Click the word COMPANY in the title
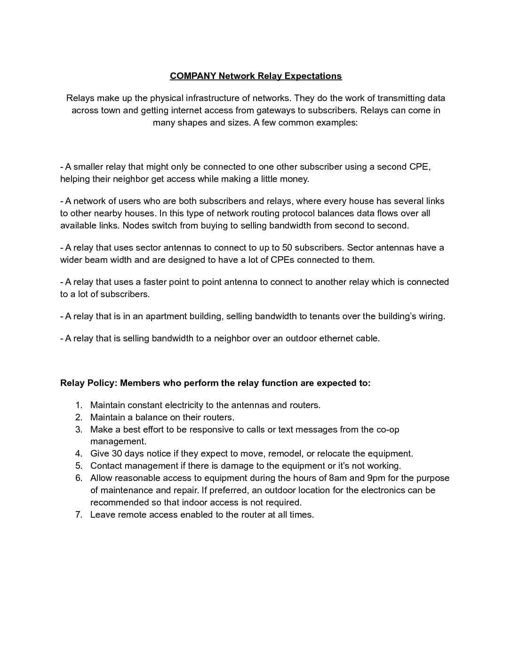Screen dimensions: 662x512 coord(193,76)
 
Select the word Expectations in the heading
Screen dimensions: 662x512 coord(313,76)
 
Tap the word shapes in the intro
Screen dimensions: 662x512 coord(192,123)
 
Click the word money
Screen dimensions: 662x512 coord(294,179)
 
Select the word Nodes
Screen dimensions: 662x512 coord(136,226)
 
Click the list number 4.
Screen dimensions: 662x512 coord(79,454)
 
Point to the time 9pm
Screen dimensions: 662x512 coord(376,478)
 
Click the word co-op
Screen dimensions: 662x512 coord(388,430)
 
